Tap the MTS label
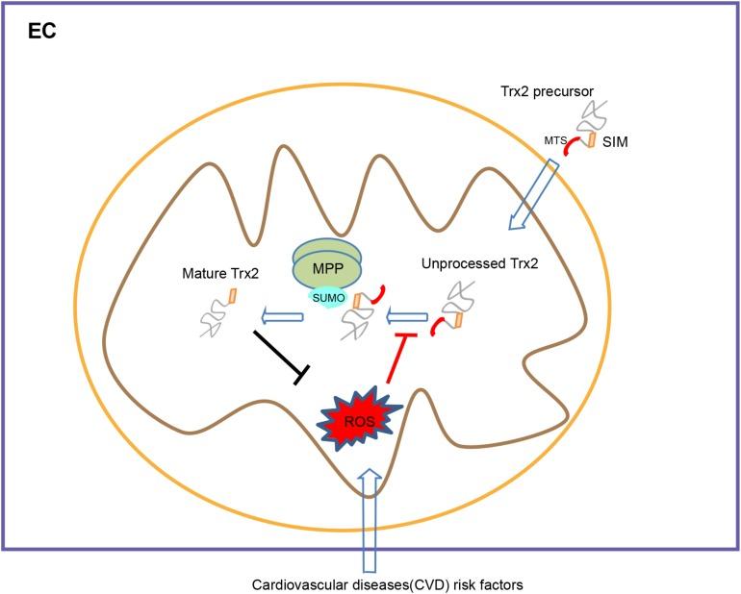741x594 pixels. coord(554,141)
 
